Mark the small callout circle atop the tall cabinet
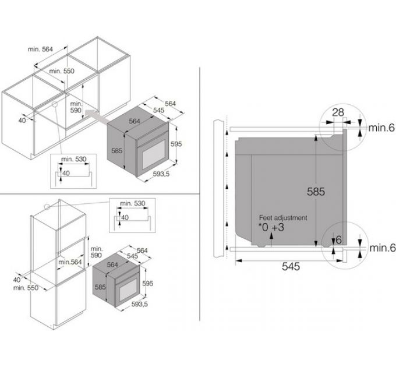[x=47, y=206]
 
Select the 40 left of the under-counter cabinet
[x=22, y=120]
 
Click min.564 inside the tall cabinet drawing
[x=70, y=262]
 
